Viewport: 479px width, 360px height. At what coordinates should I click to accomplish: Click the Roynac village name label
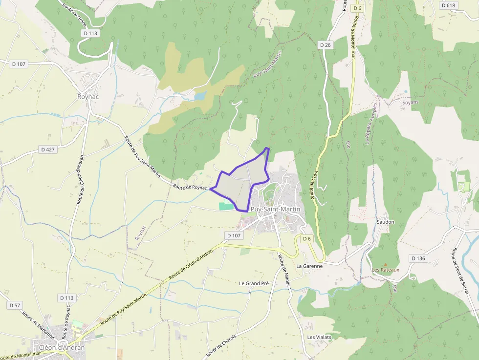coord(88,97)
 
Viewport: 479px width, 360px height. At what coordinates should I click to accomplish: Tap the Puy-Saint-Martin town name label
coord(275,209)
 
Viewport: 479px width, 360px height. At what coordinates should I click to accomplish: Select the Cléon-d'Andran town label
coord(62,348)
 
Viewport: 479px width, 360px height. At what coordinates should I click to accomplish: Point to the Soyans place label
coord(410,103)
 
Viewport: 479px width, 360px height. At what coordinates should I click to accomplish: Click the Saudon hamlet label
coord(385,222)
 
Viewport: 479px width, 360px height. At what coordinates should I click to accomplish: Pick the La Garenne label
coord(309,266)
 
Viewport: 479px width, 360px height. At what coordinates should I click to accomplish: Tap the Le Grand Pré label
coord(254,283)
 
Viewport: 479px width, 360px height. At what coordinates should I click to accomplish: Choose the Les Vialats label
coord(319,337)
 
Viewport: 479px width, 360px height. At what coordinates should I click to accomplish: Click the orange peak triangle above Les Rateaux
coord(385,265)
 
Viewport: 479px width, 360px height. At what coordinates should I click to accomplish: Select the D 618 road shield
coord(448,5)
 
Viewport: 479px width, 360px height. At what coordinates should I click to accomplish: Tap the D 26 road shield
coord(325,45)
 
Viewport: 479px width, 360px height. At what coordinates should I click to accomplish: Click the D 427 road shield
coord(48,149)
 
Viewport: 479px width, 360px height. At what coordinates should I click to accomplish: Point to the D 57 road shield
coord(15,305)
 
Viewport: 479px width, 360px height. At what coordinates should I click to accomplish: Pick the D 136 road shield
coord(419,258)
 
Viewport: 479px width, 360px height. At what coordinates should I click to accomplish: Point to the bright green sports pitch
coord(225,206)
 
